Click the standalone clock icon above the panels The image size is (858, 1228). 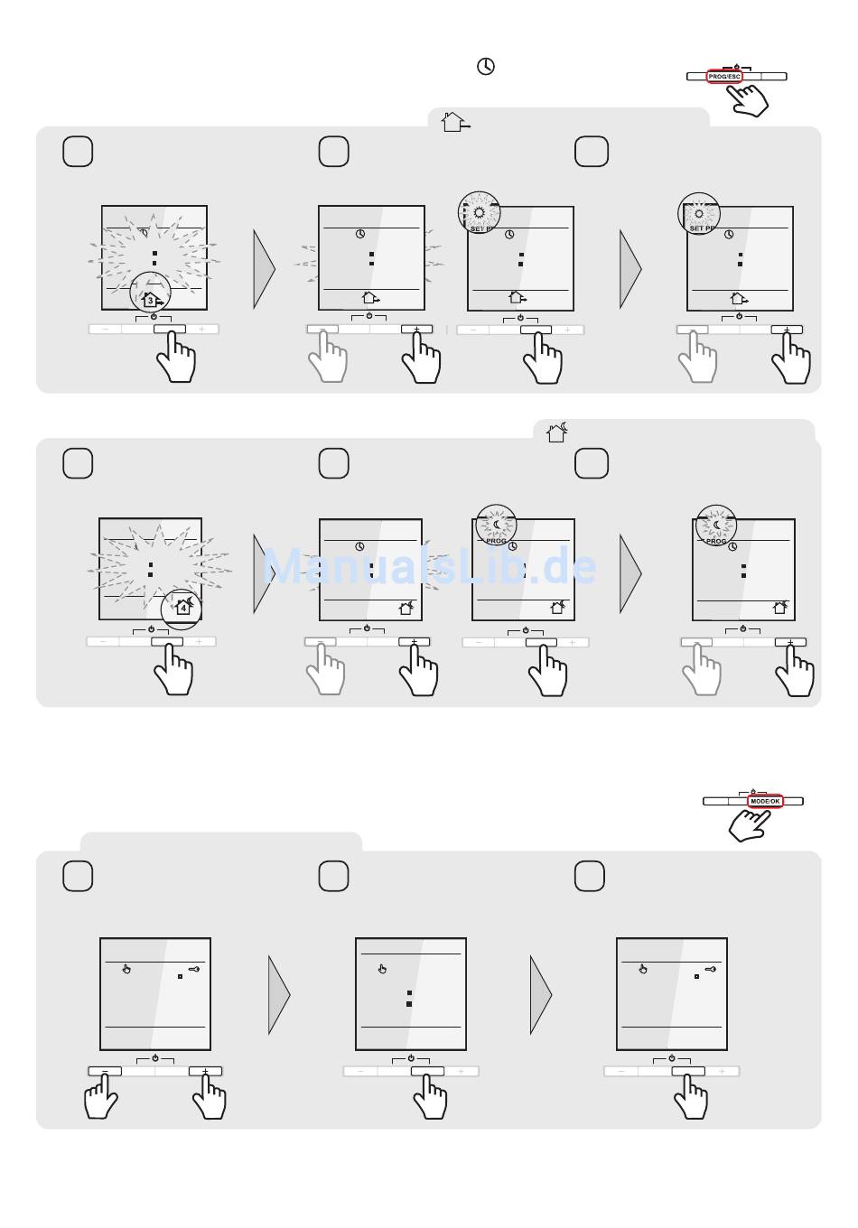click(x=486, y=67)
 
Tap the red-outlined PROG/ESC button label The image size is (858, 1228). click(x=724, y=77)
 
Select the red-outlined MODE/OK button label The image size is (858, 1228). click(x=765, y=801)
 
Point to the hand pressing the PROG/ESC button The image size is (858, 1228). click(x=750, y=98)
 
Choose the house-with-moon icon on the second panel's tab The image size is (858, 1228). click(x=557, y=433)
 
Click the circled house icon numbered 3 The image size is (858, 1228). click(x=151, y=299)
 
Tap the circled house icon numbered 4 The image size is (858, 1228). click(x=183, y=607)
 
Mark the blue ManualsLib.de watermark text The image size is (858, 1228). click(x=429, y=567)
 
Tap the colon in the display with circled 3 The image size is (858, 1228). click(x=154, y=258)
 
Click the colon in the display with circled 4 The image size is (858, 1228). click(x=150, y=569)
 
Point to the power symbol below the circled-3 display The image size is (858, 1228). click(x=154, y=316)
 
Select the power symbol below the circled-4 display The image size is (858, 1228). click(x=151, y=628)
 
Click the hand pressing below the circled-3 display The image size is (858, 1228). click(x=175, y=359)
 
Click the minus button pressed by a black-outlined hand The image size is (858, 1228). click(x=104, y=1071)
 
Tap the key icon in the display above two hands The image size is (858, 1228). click(x=193, y=969)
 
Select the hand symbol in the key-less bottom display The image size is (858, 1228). click(x=382, y=969)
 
